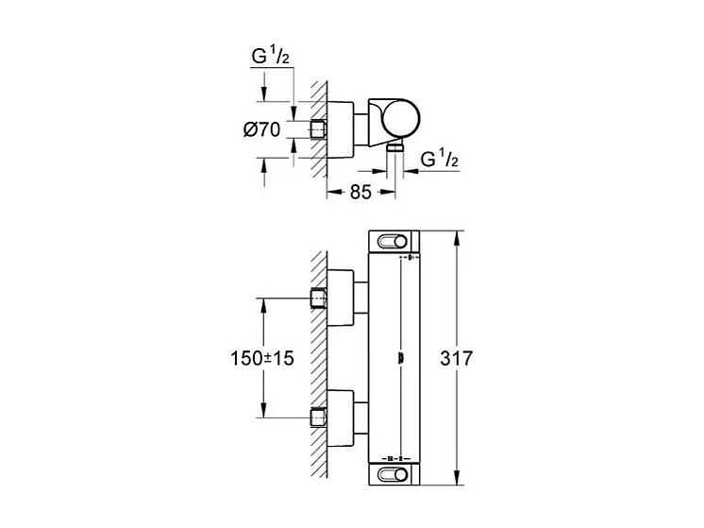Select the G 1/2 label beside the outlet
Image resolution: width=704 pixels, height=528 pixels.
[x=439, y=159]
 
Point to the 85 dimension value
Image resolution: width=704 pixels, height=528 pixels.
[x=360, y=192]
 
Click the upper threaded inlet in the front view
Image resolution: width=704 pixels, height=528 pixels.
[x=319, y=299]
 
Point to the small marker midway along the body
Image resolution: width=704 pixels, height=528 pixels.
[x=403, y=357]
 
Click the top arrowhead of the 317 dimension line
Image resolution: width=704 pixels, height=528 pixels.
[x=458, y=234]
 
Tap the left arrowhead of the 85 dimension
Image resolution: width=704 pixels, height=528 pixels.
[x=331, y=192]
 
